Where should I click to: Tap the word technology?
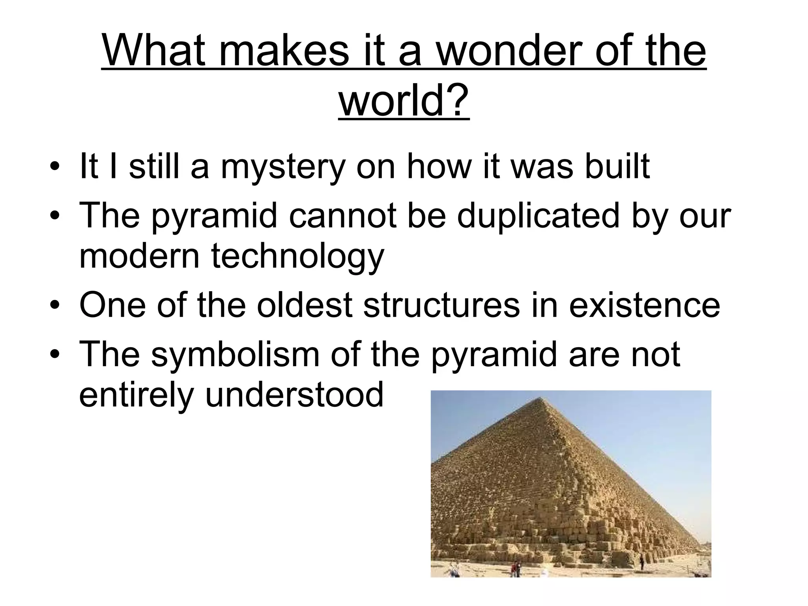298,256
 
